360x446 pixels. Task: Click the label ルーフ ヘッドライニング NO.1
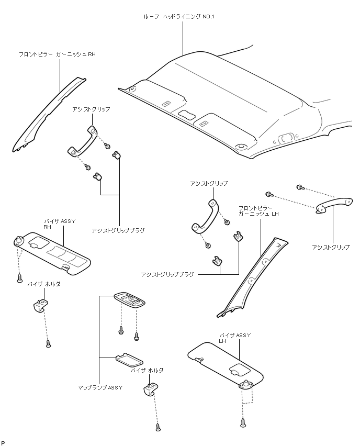click(179, 17)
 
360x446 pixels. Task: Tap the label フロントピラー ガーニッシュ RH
click(58, 54)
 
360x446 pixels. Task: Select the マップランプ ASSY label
click(100, 387)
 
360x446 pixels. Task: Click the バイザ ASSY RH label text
click(60, 224)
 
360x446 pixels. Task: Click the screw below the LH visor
click(243, 421)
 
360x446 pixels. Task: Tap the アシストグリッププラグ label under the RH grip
click(118, 230)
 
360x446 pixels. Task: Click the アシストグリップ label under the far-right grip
click(330, 247)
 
